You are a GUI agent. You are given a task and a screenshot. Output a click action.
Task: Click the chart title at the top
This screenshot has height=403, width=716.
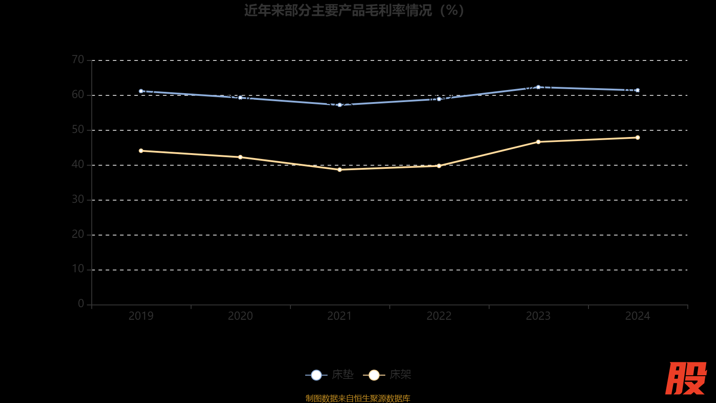tap(354, 10)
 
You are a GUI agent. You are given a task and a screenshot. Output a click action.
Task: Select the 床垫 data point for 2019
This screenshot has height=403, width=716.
tap(141, 91)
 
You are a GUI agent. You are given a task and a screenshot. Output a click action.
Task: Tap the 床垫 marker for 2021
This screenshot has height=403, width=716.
tap(340, 105)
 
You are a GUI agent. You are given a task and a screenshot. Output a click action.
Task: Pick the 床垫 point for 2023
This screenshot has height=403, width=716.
tap(538, 87)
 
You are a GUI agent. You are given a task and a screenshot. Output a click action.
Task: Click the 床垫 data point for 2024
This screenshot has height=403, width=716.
tap(638, 90)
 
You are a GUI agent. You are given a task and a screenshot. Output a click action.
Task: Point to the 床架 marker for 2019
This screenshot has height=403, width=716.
tap(141, 151)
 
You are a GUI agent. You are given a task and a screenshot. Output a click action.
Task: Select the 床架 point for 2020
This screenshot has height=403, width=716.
tap(240, 157)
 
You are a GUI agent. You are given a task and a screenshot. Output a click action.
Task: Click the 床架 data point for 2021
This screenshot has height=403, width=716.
tap(340, 170)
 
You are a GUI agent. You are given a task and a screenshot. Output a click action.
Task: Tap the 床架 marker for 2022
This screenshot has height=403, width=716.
tap(439, 166)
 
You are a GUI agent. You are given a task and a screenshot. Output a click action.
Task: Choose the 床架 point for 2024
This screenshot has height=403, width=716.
tap(638, 137)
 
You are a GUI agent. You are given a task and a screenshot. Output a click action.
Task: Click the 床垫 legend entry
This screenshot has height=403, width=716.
tap(330, 375)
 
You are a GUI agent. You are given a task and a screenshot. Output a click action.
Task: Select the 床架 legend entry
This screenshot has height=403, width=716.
tap(388, 375)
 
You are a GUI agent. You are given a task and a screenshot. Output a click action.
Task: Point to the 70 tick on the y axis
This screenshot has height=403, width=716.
tap(78, 60)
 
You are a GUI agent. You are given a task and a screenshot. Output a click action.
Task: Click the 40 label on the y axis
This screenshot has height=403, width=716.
tap(78, 164)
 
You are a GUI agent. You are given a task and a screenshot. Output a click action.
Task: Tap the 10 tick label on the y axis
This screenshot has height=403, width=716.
tap(78, 269)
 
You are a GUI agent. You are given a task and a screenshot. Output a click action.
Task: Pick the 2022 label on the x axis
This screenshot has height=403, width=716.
tap(439, 316)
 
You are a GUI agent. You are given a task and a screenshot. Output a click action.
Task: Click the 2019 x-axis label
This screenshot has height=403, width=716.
tap(141, 316)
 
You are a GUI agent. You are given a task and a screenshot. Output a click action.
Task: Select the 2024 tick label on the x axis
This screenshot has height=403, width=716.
tap(638, 316)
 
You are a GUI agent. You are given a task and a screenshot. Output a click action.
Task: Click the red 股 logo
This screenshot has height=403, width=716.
tap(686, 378)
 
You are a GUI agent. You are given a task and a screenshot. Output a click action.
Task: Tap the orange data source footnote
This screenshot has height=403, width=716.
tap(358, 398)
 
